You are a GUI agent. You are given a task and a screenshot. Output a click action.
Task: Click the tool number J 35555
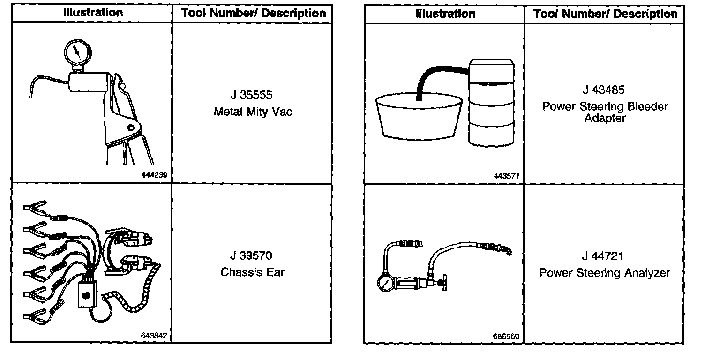pos(251,95)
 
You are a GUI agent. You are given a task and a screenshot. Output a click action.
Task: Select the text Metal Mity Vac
pos(253,112)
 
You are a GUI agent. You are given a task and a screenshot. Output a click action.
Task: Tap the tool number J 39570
pos(251,256)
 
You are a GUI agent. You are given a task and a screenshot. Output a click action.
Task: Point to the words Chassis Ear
pos(252,272)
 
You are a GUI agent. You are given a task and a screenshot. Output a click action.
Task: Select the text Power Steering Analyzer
pos(604,273)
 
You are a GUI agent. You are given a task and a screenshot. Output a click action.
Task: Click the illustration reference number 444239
pos(154,175)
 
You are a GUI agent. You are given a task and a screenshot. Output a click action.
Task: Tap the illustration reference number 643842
pos(154,336)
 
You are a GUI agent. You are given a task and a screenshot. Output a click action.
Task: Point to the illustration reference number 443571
pos(506,176)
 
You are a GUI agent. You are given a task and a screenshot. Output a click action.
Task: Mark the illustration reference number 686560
pos(506,337)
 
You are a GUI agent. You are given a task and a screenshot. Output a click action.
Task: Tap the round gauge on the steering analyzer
pos(385,284)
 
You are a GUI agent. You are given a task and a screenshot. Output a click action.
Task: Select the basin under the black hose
pos(419,115)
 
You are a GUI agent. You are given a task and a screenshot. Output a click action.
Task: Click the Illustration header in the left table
pos(93,13)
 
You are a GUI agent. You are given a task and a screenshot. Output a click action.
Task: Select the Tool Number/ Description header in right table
pos(605,14)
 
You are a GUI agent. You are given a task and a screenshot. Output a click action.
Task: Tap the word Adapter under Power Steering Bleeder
pos(604,118)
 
